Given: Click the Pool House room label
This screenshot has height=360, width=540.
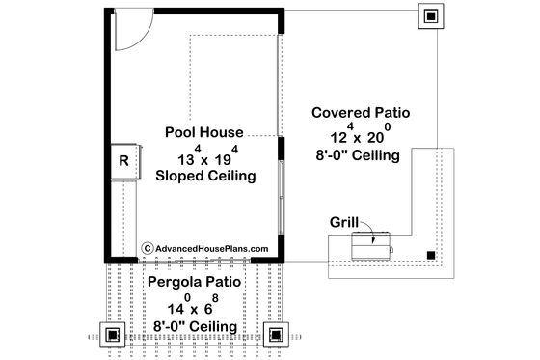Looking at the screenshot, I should pos(203,131).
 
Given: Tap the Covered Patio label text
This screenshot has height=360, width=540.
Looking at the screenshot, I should pos(361,113).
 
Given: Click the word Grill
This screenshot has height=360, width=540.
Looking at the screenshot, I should pos(345,220).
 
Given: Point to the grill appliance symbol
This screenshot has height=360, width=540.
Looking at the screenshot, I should pos(371,245).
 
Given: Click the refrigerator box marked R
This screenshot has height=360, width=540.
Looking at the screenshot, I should pos(124,160).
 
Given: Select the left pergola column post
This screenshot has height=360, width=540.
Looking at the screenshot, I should pos(113,335).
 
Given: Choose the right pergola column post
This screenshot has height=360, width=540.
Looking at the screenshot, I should pos(275,335).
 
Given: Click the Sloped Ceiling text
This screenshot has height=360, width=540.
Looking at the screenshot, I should pos(204,176).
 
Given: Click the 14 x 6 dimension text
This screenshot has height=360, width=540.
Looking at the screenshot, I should pos(194,305).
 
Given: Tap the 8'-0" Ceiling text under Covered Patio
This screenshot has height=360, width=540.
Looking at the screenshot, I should pos(361,154).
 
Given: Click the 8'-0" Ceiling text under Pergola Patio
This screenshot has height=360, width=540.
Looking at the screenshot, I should pos(194,327).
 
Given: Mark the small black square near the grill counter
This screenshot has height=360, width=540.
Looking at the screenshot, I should pos(431,256).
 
